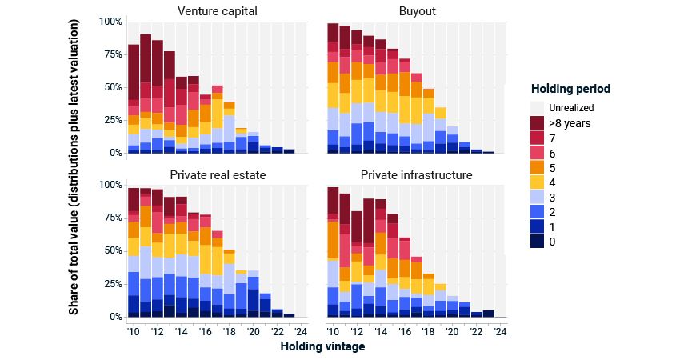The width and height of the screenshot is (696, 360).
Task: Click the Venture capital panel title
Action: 213,10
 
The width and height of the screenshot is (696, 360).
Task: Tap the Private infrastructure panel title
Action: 416,174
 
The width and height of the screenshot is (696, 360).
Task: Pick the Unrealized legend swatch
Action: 538,107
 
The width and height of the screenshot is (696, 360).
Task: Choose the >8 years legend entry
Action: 538,122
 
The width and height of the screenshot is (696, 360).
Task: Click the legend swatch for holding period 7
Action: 538,138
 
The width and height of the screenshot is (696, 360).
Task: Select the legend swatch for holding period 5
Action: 538,167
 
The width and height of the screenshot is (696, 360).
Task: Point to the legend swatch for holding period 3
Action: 538,197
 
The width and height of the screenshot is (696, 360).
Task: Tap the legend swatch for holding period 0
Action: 538,242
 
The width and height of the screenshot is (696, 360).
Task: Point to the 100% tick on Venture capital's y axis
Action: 111,21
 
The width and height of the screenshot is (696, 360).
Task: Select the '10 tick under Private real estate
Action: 134,331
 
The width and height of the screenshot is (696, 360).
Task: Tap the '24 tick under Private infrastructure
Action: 500,331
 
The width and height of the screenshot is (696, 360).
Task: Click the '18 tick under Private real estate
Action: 230,331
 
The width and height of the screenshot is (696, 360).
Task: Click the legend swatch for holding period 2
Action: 538,212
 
